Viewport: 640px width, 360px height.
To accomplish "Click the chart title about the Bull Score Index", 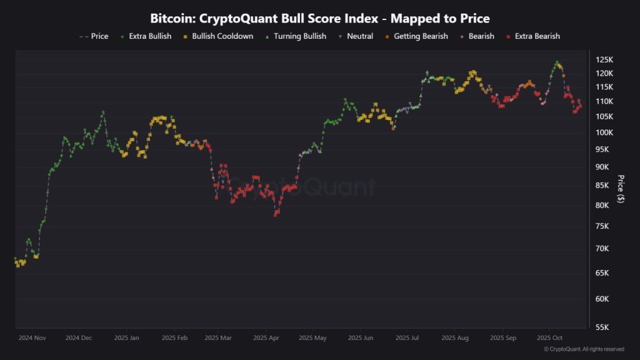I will [319, 18].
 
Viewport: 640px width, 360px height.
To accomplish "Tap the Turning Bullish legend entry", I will [297, 36].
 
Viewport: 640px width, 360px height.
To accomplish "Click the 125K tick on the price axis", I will [604, 60].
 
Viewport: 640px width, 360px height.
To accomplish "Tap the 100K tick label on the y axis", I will [604, 132].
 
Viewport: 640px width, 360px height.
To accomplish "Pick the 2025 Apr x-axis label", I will [267, 337].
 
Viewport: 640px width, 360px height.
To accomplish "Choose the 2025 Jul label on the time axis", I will [407, 337].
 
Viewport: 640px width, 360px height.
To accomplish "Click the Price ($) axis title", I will [621, 189].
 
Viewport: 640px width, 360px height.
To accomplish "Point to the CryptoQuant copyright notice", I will [584, 349].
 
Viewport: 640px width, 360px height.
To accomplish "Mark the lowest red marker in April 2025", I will [276, 214].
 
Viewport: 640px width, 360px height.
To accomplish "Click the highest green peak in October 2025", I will [557, 62].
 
